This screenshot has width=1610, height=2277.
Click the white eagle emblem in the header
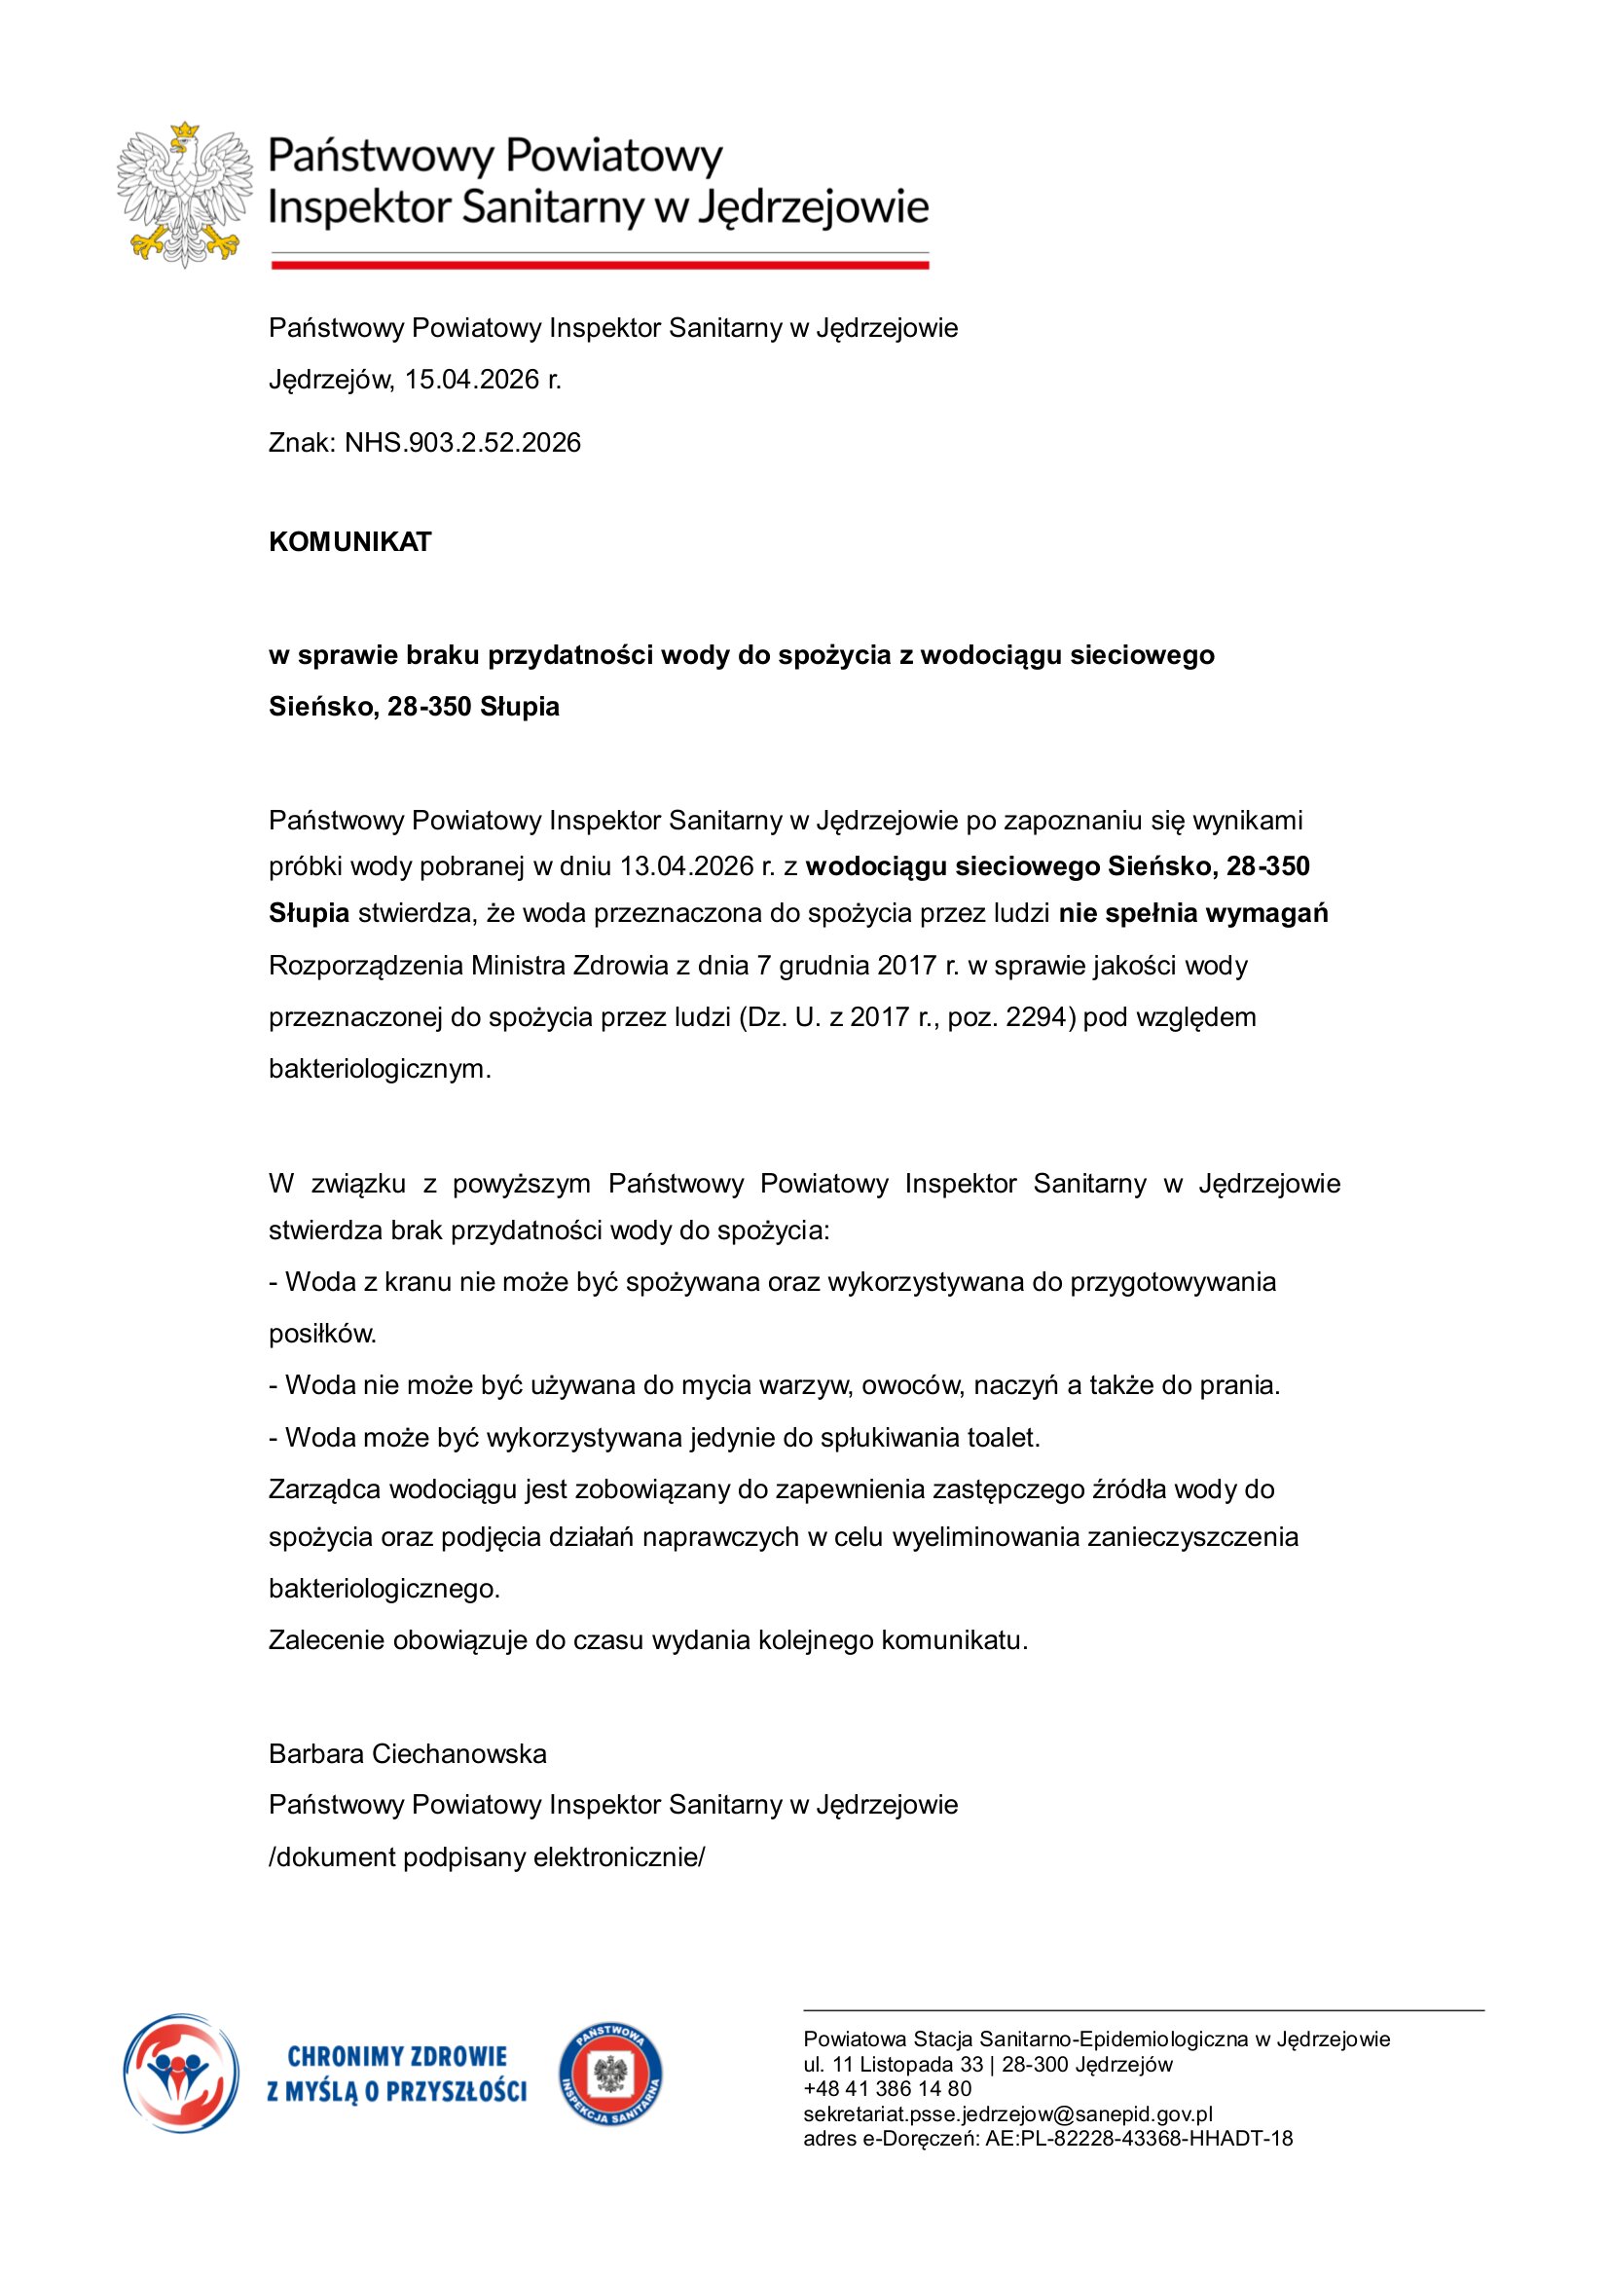(184, 197)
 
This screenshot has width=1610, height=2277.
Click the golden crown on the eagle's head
(184, 130)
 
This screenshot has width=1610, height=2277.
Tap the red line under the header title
(599, 265)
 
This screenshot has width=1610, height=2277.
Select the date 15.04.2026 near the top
(471, 380)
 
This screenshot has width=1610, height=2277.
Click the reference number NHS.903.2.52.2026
(462, 442)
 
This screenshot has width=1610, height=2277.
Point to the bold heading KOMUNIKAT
(350, 541)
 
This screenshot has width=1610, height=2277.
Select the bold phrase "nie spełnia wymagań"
(1192, 913)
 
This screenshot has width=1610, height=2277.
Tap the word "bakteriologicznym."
(380, 1069)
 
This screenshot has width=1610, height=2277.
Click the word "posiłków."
(322, 1334)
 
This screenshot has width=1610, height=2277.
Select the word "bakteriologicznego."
(384, 1589)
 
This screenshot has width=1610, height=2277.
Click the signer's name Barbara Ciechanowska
(408, 1754)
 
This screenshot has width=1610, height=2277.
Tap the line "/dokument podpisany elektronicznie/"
(486, 1857)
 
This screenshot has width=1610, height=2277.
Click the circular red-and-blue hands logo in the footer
(180, 2074)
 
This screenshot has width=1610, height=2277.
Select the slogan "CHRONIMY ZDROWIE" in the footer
(396, 2057)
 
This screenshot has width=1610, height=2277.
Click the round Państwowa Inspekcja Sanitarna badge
(610, 2075)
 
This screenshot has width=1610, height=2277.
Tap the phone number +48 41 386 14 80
(888, 2088)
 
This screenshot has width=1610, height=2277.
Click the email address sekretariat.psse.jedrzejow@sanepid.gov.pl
(1007, 2113)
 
